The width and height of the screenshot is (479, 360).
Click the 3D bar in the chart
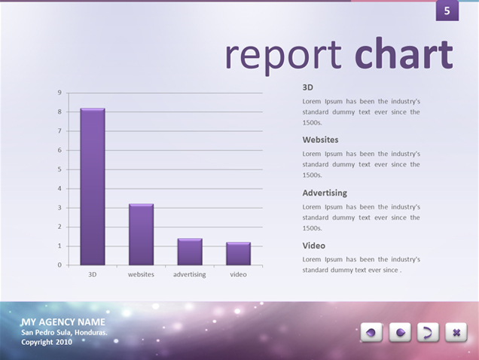click(93, 187)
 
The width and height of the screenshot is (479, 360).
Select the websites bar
click(141, 234)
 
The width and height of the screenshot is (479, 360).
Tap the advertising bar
click(190, 252)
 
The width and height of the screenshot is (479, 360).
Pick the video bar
click(238, 254)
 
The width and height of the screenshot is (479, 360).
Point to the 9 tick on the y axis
click(59, 93)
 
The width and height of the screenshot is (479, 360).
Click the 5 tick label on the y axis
click(59, 169)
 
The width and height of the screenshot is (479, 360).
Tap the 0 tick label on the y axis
click(59, 265)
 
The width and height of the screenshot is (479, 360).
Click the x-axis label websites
click(141, 274)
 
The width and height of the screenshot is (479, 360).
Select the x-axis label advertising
click(189, 274)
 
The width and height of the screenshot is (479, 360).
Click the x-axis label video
click(238, 274)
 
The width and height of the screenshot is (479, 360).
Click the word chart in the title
click(404, 53)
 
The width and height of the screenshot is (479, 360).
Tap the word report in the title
click(283, 56)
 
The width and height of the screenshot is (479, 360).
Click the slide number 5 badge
click(447, 11)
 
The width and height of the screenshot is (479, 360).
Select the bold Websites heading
click(320, 140)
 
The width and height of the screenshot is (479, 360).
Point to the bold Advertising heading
click(325, 193)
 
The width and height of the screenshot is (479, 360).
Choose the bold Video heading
click(314, 246)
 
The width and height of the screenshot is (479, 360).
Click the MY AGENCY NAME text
click(63, 322)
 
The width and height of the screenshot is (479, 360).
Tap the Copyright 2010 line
click(47, 342)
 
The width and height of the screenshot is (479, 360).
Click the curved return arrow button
click(428, 332)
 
